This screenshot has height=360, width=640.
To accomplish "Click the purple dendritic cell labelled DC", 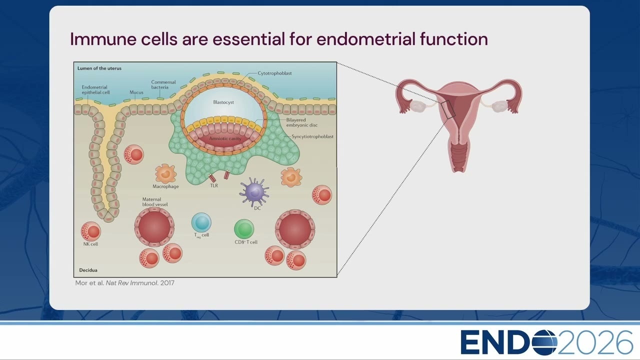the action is click(x=254, y=191).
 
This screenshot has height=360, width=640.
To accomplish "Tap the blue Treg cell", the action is click(x=201, y=222).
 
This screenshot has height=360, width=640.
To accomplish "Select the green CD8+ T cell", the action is click(x=244, y=229).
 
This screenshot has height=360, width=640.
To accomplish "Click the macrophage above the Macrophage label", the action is click(x=165, y=173).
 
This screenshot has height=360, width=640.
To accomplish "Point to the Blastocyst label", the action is click(x=223, y=102).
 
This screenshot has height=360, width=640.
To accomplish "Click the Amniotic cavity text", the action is click(x=225, y=138).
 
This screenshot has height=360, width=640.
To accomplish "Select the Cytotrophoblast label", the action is click(x=274, y=73).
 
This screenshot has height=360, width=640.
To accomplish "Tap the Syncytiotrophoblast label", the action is click(x=312, y=136).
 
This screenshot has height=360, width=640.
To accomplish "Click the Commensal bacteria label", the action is click(x=163, y=84).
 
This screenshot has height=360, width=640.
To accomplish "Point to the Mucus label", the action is click(x=136, y=92).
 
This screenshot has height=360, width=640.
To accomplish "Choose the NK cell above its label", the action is click(x=91, y=231).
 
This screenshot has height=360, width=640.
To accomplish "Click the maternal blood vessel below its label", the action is click(x=154, y=227).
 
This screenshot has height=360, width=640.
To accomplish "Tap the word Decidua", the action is click(x=88, y=270).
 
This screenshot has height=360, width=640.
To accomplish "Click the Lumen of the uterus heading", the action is click(x=99, y=68).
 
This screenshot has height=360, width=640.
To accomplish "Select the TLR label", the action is click(x=214, y=185).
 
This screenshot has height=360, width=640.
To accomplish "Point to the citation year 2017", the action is click(x=167, y=283).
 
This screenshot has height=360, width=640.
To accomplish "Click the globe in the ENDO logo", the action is click(x=541, y=342).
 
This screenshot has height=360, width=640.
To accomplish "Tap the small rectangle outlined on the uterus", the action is click(x=448, y=109).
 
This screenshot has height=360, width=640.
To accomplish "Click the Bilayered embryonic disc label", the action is click(x=301, y=122).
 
